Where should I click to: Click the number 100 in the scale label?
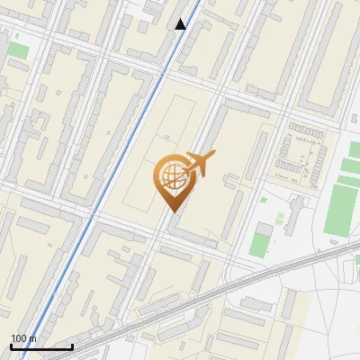[x=20, y=338]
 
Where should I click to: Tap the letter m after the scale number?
[x=32, y=338]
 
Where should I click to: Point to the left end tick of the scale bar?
[x=11, y=346]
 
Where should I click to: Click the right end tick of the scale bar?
[x=72, y=346]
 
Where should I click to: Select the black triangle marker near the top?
[x=181, y=24]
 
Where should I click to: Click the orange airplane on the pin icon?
[x=196, y=164]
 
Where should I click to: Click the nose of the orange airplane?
[x=215, y=155]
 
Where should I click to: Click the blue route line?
[x=117, y=162]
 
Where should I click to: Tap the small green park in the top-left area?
[x=18, y=49]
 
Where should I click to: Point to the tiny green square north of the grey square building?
[x=263, y=199]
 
